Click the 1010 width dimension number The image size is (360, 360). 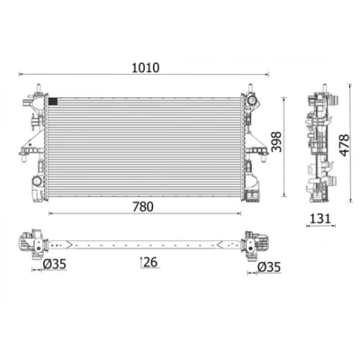pyautogui.click(x=146, y=67)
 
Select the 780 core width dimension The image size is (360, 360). pyautogui.click(x=143, y=207)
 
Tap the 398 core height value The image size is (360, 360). pyautogui.click(x=277, y=141)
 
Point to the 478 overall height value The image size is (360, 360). pyautogui.click(x=344, y=145)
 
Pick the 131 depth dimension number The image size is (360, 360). pyautogui.click(x=319, y=219)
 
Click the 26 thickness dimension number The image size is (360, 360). pyautogui.click(x=150, y=262)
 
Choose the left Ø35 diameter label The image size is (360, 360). pyautogui.click(x=54, y=264)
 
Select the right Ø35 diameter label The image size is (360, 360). pyautogui.click(x=269, y=267)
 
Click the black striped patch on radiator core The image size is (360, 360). pyautogui.click(x=52, y=102)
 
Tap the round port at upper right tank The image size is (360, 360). pyautogui.click(x=251, y=101)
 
